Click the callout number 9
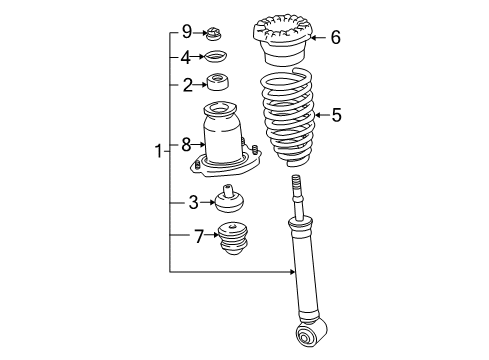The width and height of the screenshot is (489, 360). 186,34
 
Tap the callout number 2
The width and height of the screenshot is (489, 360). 186,86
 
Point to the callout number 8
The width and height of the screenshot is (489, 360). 186,146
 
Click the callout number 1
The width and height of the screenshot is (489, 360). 158,152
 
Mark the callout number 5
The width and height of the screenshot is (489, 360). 336,116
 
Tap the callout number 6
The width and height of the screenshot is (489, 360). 335,38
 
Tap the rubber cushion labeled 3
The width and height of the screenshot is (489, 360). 230,200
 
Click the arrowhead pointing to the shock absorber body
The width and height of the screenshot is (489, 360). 291,272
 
